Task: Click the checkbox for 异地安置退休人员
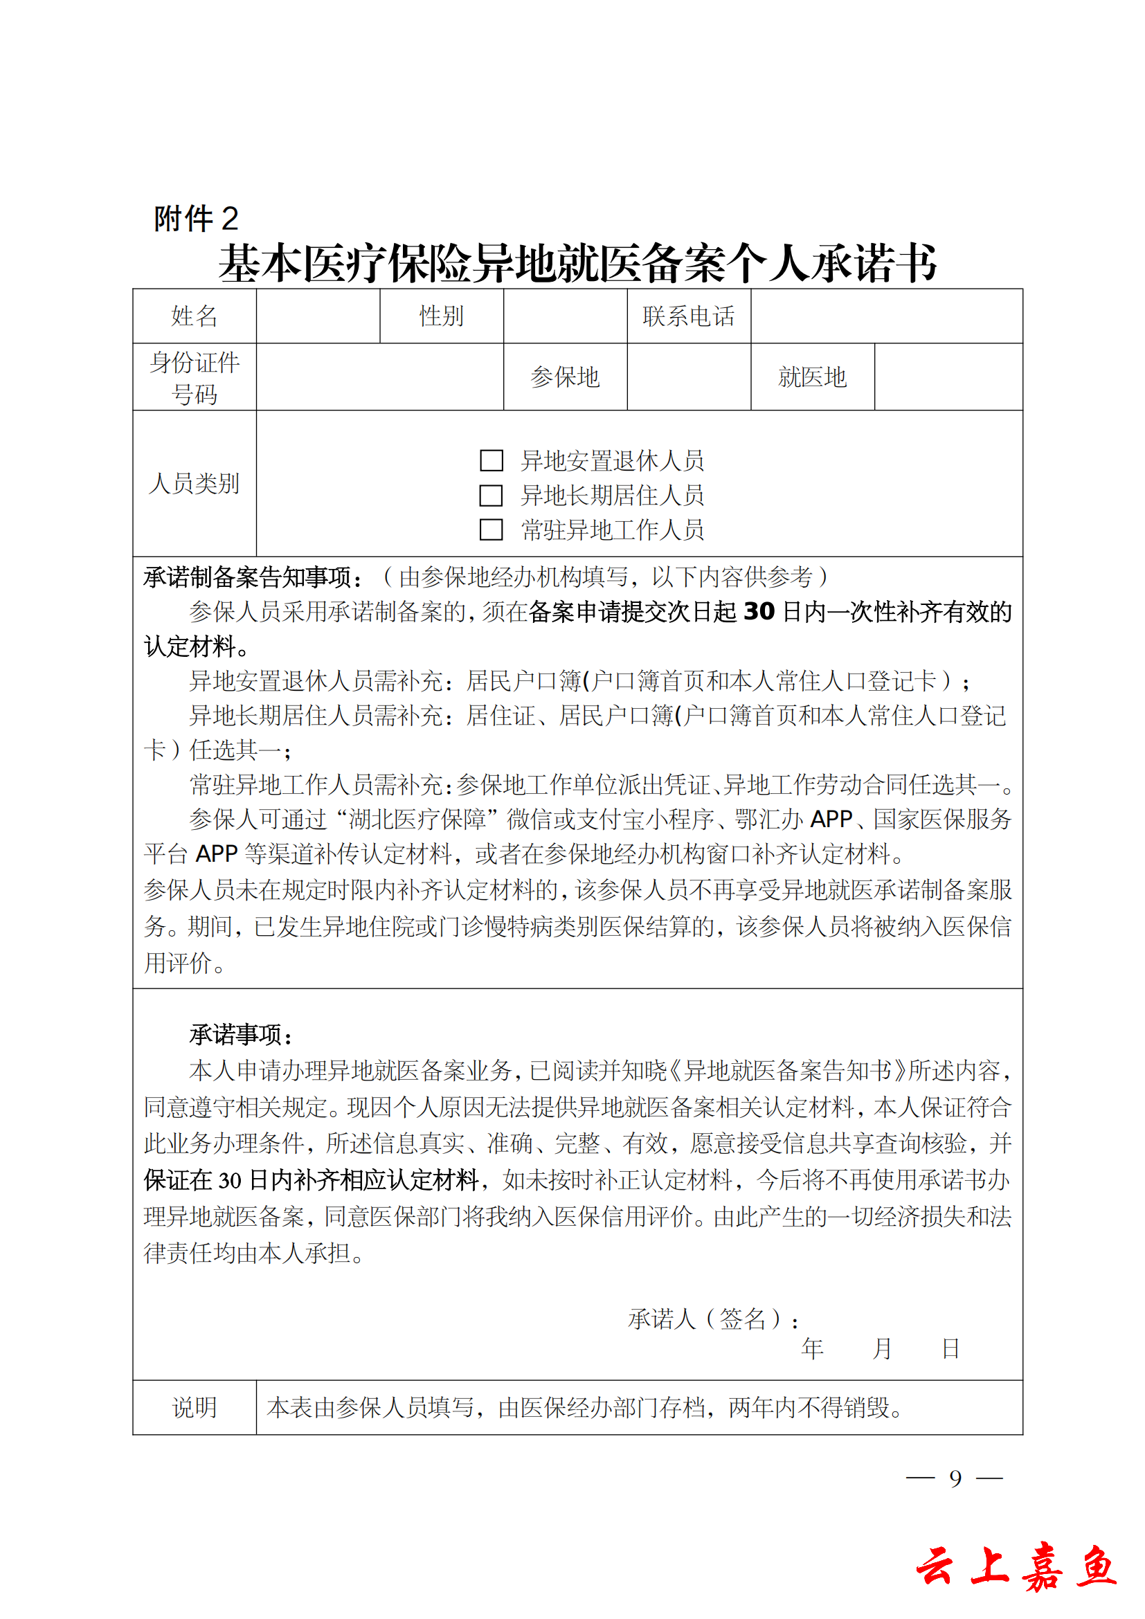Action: click(x=491, y=460)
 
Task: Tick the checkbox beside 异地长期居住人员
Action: click(x=491, y=495)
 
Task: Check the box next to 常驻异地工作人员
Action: click(x=491, y=530)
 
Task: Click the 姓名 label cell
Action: click(x=194, y=316)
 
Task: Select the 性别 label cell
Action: click(x=442, y=316)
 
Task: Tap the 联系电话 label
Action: click(x=688, y=316)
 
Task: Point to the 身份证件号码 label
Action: click(x=194, y=377)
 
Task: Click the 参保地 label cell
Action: click(x=565, y=377)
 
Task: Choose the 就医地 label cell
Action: click(x=812, y=377)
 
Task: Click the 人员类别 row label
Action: click(x=194, y=484)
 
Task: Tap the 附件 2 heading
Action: click(x=196, y=219)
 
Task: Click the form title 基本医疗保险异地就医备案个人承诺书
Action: click(x=577, y=263)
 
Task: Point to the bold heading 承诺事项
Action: click(x=240, y=1034)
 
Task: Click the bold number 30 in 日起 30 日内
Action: click(x=759, y=611)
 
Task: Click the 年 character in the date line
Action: click(x=812, y=1349)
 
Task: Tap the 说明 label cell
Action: click(x=194, y=1407)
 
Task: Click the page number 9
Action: click(x=955, y=1478)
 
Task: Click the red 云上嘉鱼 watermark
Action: click(x=1016, y=1568)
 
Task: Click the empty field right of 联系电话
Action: click(x=886, y=316)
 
